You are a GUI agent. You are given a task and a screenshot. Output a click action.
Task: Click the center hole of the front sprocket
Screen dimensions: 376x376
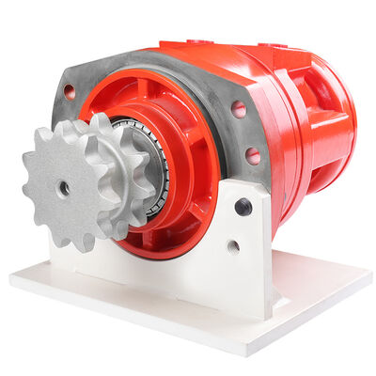click(64, 188)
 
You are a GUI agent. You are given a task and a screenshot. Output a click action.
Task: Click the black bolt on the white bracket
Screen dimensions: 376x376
click(243, 207)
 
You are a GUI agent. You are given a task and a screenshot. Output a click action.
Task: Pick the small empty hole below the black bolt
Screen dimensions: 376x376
click(232, 246)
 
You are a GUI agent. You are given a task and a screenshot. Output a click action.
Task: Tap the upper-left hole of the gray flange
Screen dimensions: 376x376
click(69, 92)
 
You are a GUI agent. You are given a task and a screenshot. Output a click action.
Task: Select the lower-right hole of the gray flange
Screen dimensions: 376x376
click(253, 156)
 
